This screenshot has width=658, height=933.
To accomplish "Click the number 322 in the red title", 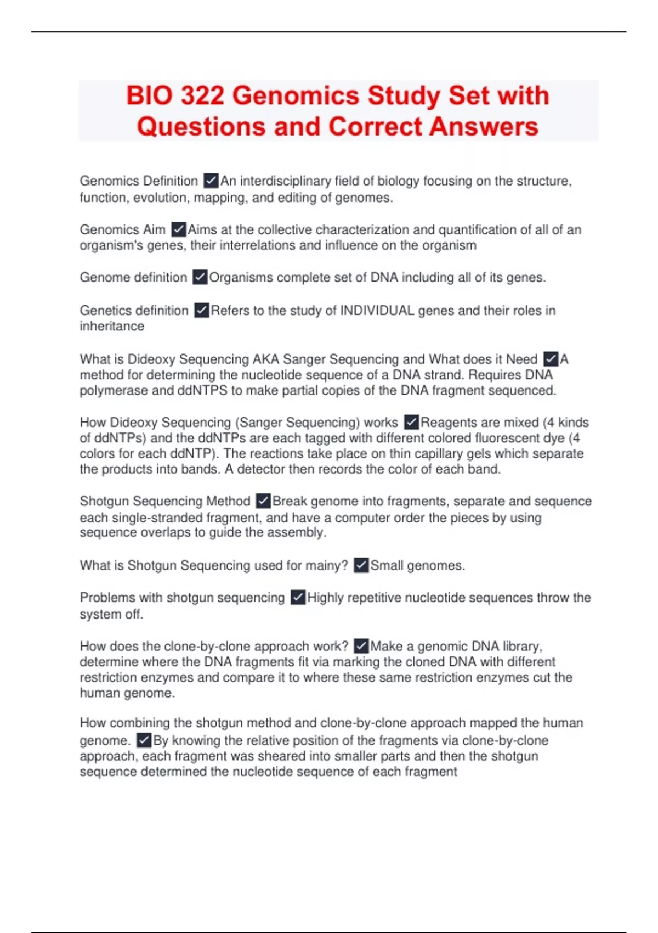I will (202, 95).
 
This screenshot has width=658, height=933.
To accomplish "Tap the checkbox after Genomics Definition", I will (211, 181).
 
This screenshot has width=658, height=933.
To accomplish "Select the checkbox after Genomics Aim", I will (179, 229).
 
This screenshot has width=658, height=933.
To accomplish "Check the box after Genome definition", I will (200, 277).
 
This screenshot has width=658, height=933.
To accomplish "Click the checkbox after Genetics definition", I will (202, 311).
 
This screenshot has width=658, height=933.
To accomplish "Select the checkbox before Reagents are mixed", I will (411, 422).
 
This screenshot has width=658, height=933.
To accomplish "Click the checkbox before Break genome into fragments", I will (263, 501).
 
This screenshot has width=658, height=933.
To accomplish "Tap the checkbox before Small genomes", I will (361, 565).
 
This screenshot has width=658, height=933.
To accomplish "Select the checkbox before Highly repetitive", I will (298, 597).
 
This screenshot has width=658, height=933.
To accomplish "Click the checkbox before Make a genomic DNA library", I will (361, 646).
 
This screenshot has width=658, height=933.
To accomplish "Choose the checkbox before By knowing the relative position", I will (144, 740).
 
